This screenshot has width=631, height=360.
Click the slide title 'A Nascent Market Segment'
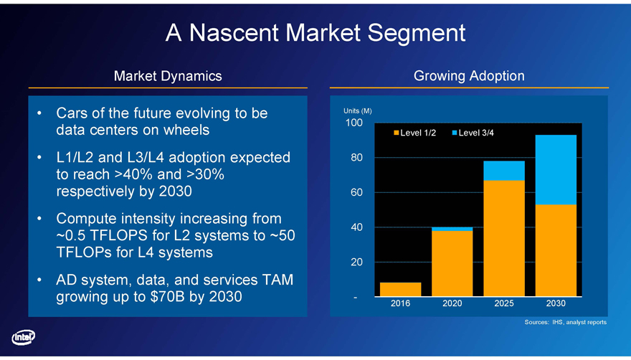pos(315,32)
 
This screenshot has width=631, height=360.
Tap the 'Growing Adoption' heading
pos(469,75)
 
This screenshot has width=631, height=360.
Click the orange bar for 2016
pos(400,289)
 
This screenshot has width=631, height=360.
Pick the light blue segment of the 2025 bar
pos(503,171)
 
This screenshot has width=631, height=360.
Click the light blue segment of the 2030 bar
pos(556,169)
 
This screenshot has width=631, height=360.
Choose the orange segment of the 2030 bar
pos(556,250)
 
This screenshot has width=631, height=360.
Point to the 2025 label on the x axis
pos(503,304)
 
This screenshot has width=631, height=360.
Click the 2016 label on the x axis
pos(400,304)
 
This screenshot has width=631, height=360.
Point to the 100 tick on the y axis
pos(352,123)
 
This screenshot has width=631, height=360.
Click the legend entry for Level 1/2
pos(414,133)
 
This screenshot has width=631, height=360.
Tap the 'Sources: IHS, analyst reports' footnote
pos(565,323)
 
